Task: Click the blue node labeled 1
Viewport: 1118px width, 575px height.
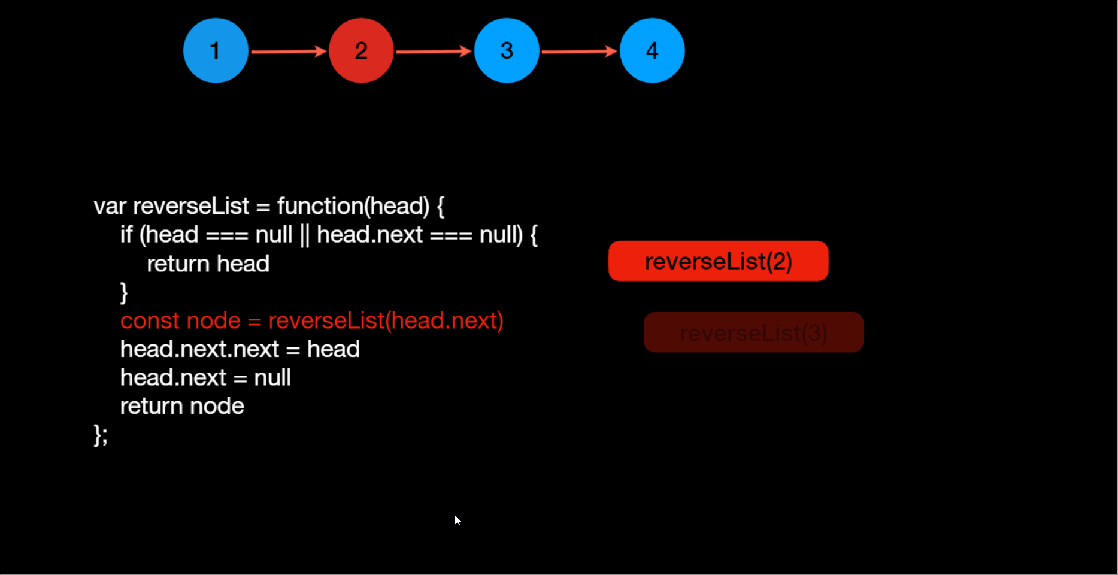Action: (216, 50)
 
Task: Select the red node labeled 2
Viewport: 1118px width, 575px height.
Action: (361, 50)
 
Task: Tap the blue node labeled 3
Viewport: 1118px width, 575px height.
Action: (507, 50)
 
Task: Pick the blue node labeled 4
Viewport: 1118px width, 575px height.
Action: (652, 50)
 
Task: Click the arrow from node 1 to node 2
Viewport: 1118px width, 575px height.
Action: (288, 52)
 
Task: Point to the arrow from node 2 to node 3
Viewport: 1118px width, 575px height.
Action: (434, 52)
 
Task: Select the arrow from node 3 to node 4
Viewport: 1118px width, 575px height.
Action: (579, 52)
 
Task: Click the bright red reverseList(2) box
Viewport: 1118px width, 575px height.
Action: (718, 261)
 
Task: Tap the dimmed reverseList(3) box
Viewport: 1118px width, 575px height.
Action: (753, 332)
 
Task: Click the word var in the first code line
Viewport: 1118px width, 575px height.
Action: (110, 207)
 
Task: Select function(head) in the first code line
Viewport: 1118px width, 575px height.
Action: (353, 207)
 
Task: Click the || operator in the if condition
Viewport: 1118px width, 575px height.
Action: (304, 235)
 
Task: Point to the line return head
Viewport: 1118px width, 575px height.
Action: (208, 264)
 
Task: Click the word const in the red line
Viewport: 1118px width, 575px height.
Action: (150, 321)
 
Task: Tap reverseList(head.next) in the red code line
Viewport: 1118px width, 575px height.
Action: (386, 321)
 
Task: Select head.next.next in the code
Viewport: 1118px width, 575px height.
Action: (199, 349)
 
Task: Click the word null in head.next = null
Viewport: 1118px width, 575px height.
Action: (272, 378)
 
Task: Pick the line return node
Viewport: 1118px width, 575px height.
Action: (182, 407)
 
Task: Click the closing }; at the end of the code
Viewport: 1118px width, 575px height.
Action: (101, 435)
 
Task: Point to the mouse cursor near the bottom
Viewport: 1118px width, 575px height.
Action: (457, 520)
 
